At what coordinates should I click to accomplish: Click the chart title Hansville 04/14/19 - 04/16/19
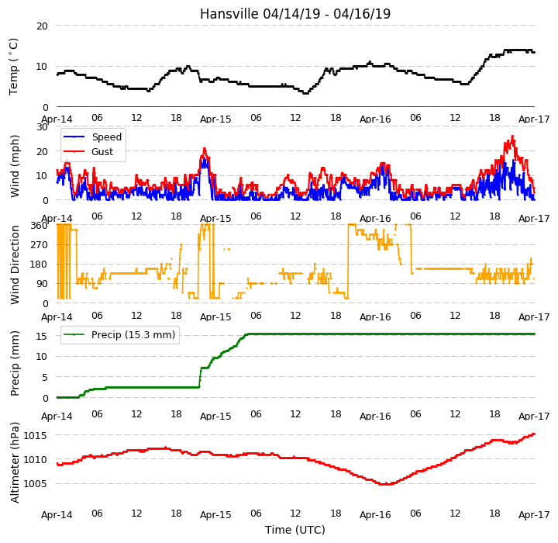click(295, 14)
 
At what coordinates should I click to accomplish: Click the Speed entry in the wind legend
click(92, 137)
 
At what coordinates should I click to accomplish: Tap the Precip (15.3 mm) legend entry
click(119, 335)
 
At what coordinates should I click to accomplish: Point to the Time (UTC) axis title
click(295, 530)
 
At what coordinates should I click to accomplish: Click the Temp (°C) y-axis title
click(13, 67)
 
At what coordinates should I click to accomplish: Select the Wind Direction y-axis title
click(15, 265)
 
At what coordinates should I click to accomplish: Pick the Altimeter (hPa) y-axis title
click(15, 462)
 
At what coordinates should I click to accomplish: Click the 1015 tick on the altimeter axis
click(35, 436)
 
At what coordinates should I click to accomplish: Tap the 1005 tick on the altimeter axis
click(35, 484)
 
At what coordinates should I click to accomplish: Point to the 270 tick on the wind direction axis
click(40, 245)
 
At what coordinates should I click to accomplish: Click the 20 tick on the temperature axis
click(42, 26)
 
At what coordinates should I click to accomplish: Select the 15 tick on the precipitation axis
click(42, 336)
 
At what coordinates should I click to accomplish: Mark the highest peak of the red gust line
click(512, 136)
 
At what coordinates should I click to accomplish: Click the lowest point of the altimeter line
click(386, 484)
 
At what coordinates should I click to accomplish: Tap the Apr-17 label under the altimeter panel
click(534, 515)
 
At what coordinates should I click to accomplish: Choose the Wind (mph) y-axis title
click(15, 166)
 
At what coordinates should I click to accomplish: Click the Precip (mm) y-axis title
click(15, 364)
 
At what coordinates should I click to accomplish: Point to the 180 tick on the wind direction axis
click(40, 265)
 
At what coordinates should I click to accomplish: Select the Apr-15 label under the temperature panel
click(215, 119)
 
